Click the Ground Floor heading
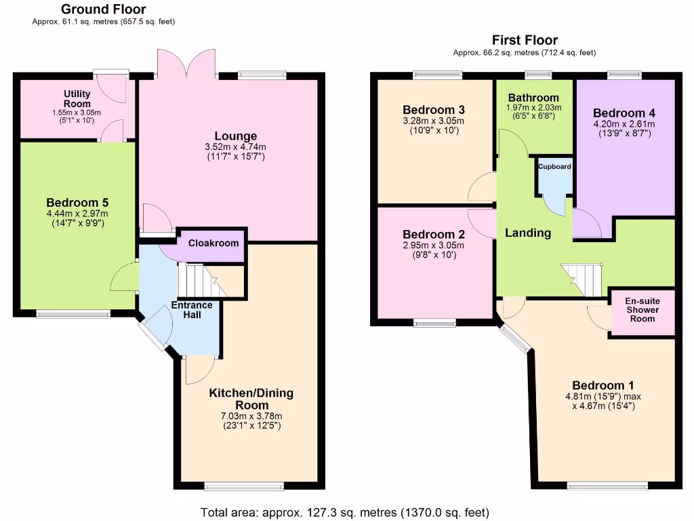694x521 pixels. [103, 9]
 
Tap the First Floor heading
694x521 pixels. [525, 40]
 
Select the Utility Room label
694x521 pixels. [77, 98]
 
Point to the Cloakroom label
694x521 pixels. [213, 244]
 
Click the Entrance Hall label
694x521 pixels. [191, 310]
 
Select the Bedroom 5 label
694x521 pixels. [77, 202]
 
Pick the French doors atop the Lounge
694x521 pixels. [187, 64]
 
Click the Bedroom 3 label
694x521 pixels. [434, 110]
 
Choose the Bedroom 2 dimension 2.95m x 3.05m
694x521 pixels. [434, 245]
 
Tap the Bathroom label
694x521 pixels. [533, 98]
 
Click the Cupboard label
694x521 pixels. [554, 167]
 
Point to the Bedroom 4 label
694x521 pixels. [624, 113]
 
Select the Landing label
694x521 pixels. [528, 233]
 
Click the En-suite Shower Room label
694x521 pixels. [641, 309]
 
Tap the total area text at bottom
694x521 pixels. [345, 512]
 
